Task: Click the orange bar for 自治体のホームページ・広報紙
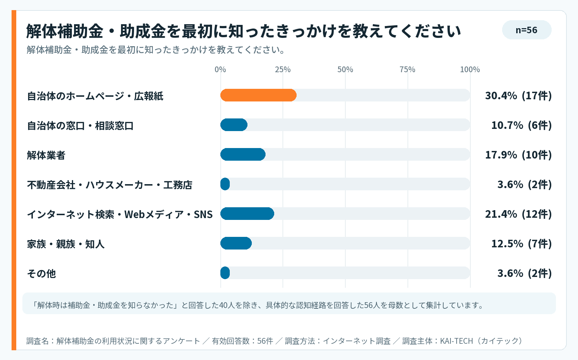tap(258, 95)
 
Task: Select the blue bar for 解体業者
tap(243, 155)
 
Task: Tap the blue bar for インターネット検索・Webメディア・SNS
tap(247, 213)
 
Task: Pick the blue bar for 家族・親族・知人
tap(236, 243)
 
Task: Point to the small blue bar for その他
tap(225, 273)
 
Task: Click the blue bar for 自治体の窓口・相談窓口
tap(234, 125)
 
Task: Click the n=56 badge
tap(527, 30)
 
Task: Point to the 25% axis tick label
tap(282, 70)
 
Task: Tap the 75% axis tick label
tap(407, 70)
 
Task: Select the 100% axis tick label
tap(470, 70)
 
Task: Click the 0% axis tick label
tap(220, 70)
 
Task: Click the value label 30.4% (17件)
tap(518, 96)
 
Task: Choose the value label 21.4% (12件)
tap(518, 214)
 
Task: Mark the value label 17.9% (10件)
tap(518, 155)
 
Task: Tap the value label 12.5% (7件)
tap(522, 244)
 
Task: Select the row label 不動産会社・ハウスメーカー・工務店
tap(110, 185)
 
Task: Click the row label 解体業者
tap(46, 155)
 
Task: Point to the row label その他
tap(42, 274)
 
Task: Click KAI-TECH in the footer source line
tap(456, 341)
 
